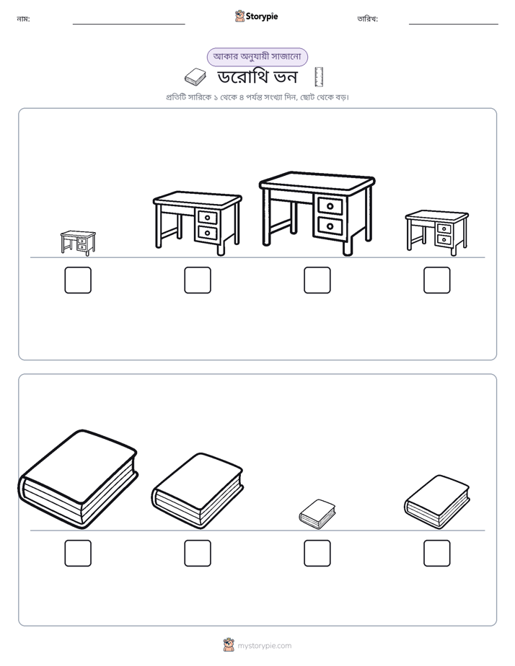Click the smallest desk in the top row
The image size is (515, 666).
tap(78, 243)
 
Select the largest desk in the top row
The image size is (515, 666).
tap(317, 213)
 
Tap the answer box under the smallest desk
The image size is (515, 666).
tap(78, 280)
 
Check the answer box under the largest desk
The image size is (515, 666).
tap(317, 280)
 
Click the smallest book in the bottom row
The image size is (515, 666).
tap(317, 514)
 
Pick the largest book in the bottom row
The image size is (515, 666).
tap(78, 479)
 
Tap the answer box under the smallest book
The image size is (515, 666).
tap(317, 553)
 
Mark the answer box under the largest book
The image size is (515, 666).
tap(78, 553)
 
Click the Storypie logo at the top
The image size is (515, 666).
tap(256, 16)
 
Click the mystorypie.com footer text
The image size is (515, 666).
tap(264, 646)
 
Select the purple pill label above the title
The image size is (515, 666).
tap(257, 57)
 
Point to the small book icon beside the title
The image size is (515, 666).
tap(195, 77)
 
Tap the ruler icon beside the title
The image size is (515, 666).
tap(319, 77)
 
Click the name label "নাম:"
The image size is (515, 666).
tap(23, 19)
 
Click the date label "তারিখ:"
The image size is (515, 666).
tap(368, 19)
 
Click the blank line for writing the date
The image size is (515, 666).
tap(454, 25)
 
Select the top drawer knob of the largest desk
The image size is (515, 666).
tap(330, 206)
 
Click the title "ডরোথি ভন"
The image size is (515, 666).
tap(257, 77)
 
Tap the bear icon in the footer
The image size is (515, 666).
tap(229, 645)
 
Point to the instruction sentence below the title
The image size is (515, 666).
tap(257, 97)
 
